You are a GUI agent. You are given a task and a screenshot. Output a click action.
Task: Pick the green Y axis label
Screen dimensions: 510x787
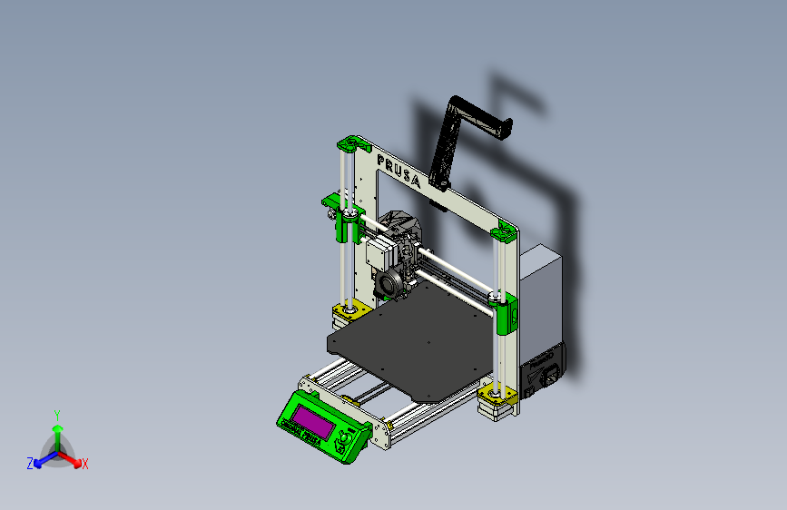(56, 414)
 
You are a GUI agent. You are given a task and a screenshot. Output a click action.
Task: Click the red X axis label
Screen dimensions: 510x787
(85, 465)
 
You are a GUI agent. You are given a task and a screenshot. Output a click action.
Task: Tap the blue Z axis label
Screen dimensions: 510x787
(30, 464)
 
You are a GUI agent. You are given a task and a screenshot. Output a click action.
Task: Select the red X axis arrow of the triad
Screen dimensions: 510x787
(73, 459)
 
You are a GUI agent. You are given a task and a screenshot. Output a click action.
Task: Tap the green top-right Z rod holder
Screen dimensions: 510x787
(503, 234)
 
